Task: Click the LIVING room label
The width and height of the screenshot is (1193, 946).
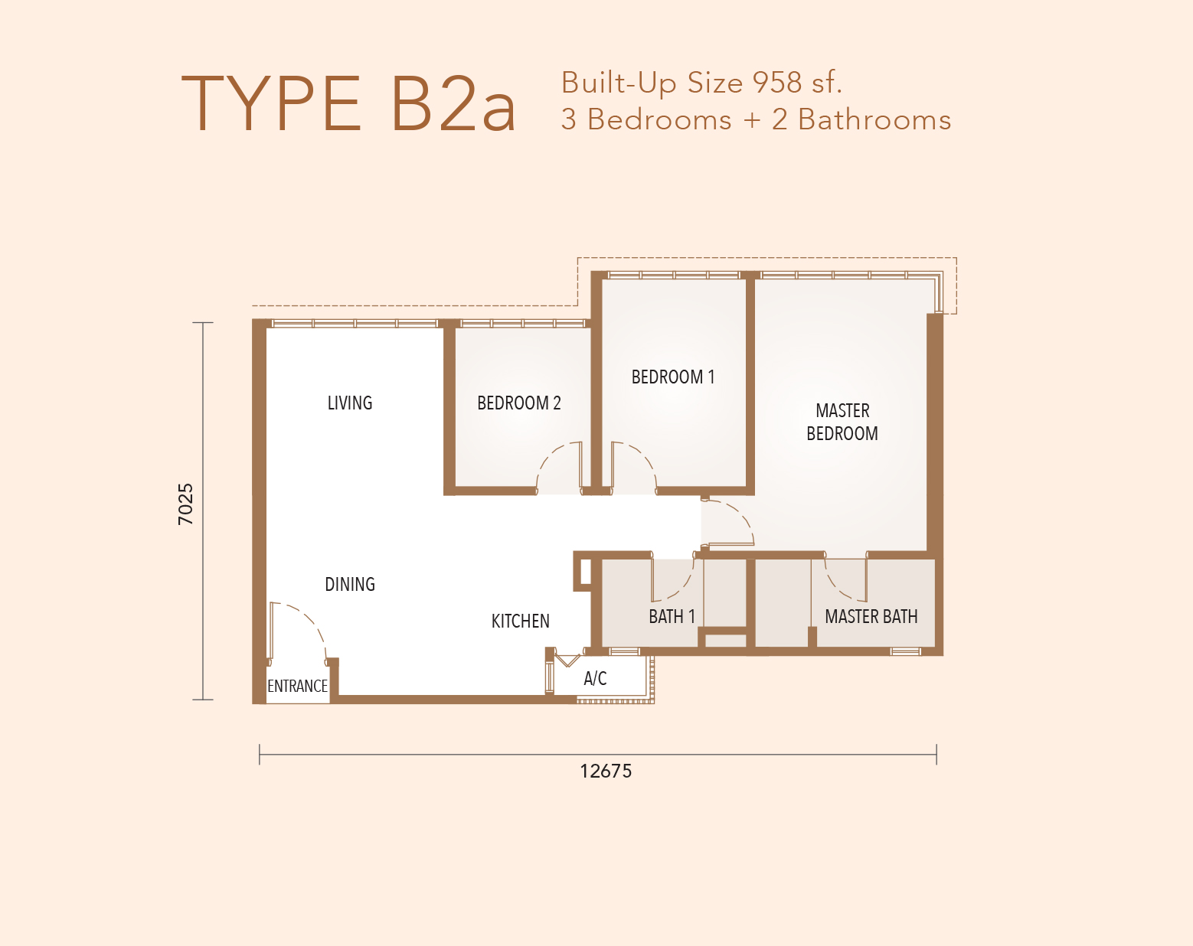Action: click(x=350, y=403)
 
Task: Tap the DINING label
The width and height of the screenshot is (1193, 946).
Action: click(x=350, y=584)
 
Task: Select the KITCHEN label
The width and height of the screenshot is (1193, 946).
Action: click(x=521, y=621)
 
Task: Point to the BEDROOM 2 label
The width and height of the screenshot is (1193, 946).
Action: click(x=519, y=403)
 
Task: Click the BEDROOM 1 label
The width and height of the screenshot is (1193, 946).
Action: click(x=673, y=377)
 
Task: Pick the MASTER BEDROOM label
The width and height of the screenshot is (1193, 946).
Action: click(x=842, y=422)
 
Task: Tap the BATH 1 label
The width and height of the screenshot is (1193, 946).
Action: click(x=672, y=616)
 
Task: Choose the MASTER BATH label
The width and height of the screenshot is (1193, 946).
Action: click(x=871, y=616)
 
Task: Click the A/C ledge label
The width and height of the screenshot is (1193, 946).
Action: click(x=596, y=678)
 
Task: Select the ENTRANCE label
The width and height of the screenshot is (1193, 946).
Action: click(x=297, y=686)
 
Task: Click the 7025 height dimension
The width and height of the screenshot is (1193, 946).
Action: click(x=186, y=504)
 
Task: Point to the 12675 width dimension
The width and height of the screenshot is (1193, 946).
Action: click(x=606, y=771)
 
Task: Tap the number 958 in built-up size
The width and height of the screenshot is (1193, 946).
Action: click(x=777, y=83)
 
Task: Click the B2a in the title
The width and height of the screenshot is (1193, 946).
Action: click(x=454, y=104)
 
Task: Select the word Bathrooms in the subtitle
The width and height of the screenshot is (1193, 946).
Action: click(x=874, y=119)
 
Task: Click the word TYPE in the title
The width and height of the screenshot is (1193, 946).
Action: click(x=271, y=104)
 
